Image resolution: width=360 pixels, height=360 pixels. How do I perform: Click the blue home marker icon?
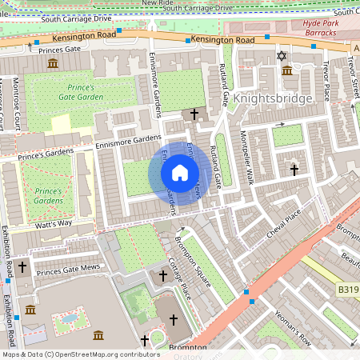pyautogui.click(x=180, y=173)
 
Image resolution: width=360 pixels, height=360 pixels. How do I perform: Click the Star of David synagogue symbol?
pyautogui.click(x=280, y=55)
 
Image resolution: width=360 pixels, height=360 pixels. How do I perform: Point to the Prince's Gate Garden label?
pyautogui.click(x=80, y=92)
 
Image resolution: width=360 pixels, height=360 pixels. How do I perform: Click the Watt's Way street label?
pyautogui.click(x=53, y=224)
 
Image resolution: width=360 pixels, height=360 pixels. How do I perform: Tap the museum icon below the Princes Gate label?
pyautogui.click(x=53, y=64)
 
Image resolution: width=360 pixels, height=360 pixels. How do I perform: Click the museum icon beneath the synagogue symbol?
pyautogui.click(x=286, y=71)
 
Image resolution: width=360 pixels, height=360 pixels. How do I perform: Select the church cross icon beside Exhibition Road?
pyautogui.click(x=22, y=265)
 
